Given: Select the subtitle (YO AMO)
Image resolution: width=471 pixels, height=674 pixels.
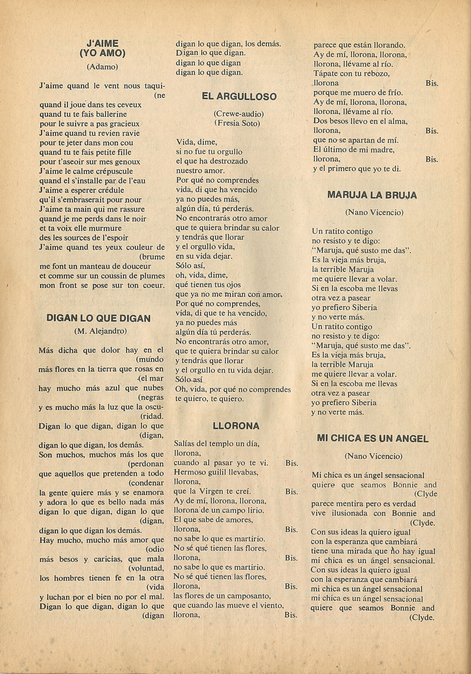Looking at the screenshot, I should click(102, 53).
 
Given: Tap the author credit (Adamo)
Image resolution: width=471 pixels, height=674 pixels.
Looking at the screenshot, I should click(102, 67).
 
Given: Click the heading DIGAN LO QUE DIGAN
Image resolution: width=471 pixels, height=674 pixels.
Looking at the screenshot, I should click(98, 318).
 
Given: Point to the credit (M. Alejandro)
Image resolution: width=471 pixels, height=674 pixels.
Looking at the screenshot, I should click(100, 331).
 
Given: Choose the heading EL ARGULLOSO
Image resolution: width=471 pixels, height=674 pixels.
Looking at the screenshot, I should click(239, 97).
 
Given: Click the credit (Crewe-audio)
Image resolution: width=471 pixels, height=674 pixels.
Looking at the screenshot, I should click(238, 114).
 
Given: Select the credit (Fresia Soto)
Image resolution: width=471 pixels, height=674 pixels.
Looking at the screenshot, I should click(237, 123).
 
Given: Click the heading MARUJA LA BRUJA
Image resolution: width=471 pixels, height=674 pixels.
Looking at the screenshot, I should click(372, 195).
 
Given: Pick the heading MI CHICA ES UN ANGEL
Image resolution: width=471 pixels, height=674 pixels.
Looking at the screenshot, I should click(373, 439).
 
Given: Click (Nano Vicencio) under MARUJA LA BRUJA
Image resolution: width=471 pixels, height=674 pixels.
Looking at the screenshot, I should click(374, 212).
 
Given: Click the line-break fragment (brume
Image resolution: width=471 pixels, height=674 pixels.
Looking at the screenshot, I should click(152, 257).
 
